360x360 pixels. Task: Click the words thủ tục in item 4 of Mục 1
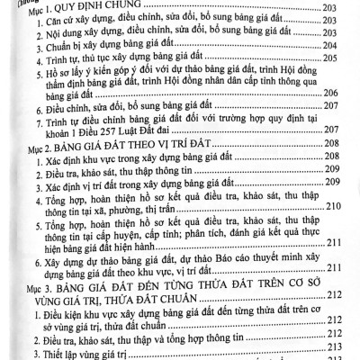pyautogui.click(x=104, y=62)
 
